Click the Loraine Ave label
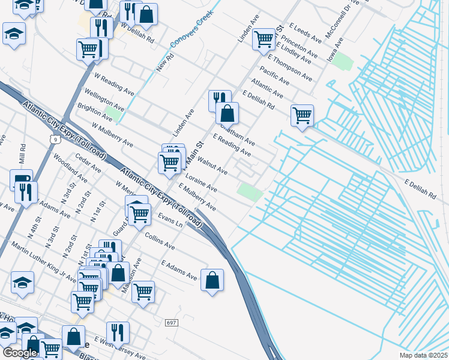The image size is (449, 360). (201, 184)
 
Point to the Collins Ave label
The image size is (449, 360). (160, 242)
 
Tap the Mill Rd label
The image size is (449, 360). (23, 154)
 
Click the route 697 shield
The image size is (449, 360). (171, 323)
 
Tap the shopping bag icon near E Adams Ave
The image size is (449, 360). (212, 280)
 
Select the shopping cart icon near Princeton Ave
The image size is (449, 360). (264, 39)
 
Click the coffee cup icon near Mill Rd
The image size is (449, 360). (21, 179)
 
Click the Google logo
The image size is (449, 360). (20, 352)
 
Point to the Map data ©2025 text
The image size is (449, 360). (423, 355)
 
